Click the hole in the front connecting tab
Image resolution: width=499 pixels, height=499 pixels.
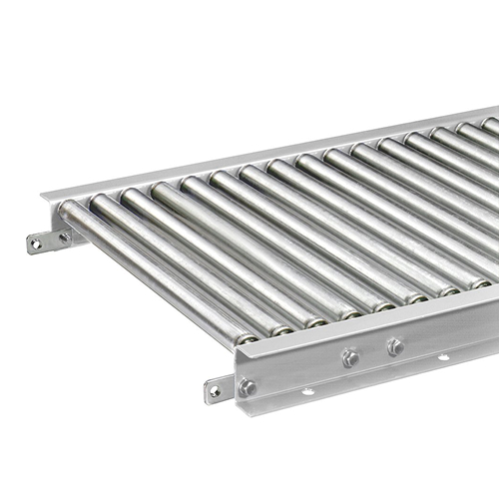point(215,391)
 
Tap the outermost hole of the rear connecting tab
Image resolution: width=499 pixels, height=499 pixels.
point(36,243)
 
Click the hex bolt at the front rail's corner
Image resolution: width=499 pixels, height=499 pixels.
point(248,386)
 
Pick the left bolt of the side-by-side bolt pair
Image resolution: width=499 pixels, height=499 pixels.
point(350,357)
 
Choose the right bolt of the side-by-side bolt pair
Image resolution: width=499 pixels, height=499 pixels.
point(394,346)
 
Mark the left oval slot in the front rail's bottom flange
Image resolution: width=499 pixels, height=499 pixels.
point(311,392)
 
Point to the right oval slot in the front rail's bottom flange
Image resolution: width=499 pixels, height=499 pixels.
point(442,356)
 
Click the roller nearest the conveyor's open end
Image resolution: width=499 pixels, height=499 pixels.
point(150,269)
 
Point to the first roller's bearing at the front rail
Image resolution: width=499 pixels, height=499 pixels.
point(246,338)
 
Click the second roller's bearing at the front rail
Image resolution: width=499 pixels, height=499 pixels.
point(282,328)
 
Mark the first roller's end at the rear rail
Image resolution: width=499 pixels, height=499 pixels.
point(67,211)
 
